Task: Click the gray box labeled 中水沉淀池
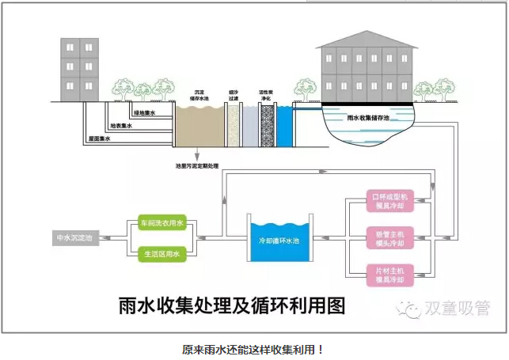74,237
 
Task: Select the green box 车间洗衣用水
161,224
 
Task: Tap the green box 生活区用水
161,253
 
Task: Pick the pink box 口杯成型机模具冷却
389,201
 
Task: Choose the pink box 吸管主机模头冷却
389,237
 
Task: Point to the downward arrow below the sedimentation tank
196,155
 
